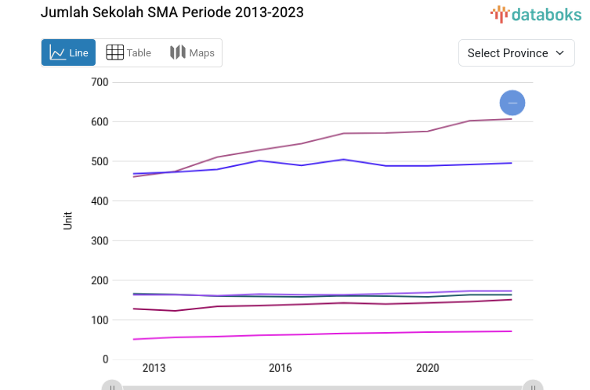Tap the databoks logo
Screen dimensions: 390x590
click(x=536, y=13)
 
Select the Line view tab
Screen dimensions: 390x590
click(x=69, y=53)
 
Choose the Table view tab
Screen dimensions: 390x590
click(x=128, y=53)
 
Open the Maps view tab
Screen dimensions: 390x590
click(x=192, y=53)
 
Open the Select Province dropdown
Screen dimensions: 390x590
click(x=516, y=53)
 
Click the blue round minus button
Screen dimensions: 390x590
click(x=512, y=103)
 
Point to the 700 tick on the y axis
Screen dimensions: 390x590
click(x=100, y=82)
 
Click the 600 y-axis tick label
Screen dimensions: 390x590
click(x=100, y=122)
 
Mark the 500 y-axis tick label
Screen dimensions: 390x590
click(x=100, y=161)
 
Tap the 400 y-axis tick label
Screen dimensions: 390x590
click(x=100, y=201)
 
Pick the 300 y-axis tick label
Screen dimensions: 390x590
click(x=100, y=240)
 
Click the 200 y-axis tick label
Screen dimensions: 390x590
click(x=100, y=280)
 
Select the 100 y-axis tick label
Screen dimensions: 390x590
click(x=100, y=320)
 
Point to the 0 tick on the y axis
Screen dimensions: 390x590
click(x=105, y=359)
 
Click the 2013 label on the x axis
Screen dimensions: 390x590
click(x=154, y=368)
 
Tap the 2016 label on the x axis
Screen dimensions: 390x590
click(x=281, y=368)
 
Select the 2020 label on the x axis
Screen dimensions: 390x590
click(x=427, y=368)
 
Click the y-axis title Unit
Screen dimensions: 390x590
click(x=68, y=221)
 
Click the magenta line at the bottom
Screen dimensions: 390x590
click(x=313, y=334)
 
